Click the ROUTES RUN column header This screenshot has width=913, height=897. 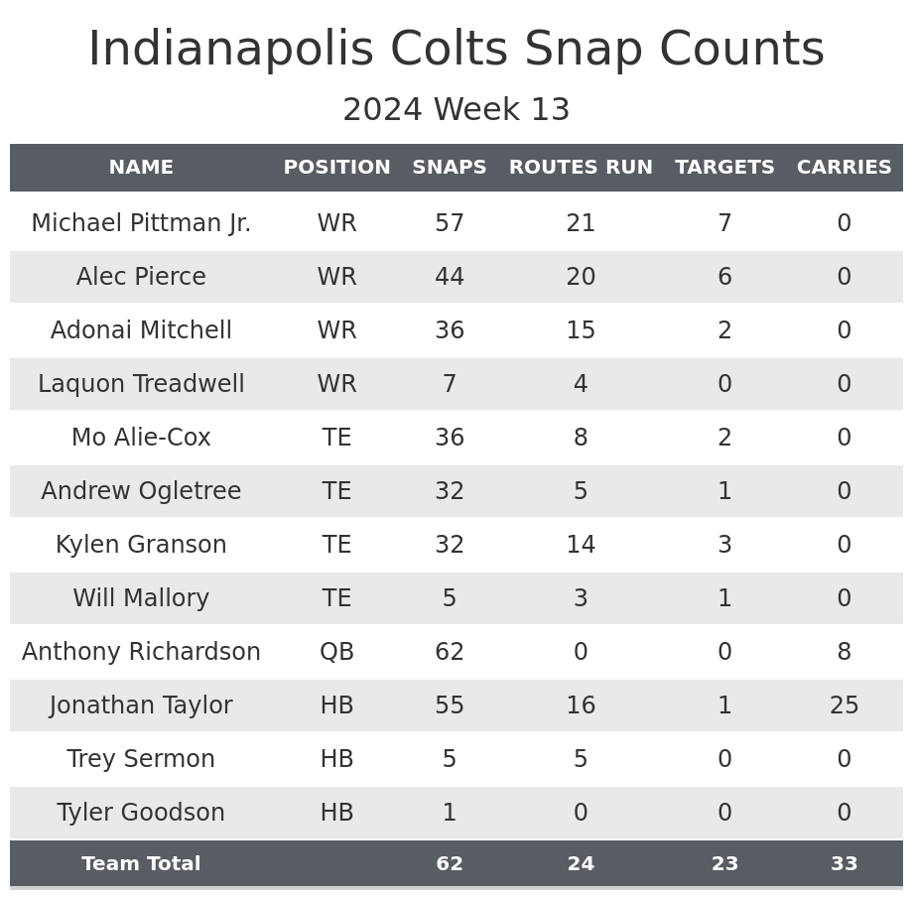click(581, 168)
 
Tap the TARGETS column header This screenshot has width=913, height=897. click(724, 168)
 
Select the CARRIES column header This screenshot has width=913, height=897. click(844, 168)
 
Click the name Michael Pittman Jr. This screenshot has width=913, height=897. click(141, 223)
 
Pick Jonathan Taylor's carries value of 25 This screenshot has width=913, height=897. click(844, 705)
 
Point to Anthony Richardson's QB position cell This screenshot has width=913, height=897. click(336, 652)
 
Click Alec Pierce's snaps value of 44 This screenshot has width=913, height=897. click(450, 277)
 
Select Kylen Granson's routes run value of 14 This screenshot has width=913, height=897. click(581, 545)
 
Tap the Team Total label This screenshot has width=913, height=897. click(141, 864)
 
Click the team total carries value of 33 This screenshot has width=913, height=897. click(844, 864)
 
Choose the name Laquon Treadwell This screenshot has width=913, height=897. click(141, 384)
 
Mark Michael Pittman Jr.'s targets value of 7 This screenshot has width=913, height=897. click(724, 223)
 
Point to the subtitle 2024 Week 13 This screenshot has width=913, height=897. click(456, 110)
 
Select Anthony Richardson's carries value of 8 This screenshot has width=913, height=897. click(844, 652)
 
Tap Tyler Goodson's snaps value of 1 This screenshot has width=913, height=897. click(450, 813)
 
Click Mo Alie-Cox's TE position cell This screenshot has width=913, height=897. click(336, 438)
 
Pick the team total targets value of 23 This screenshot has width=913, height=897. click(724, 864)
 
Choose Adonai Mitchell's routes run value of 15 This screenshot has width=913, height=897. click(581, 330)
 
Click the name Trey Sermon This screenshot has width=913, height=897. click(141, 759)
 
